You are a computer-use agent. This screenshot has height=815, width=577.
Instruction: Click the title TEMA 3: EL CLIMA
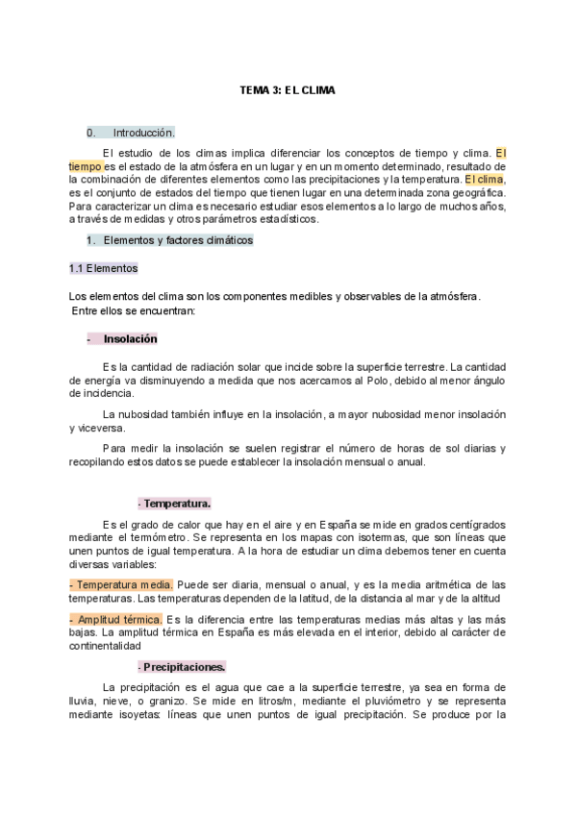point(288,90)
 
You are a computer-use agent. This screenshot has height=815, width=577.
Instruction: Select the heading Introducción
point(144,133)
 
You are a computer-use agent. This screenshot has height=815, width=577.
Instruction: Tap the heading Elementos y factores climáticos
point(178,240)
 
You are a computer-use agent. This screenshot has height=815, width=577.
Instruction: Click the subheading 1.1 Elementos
point(104,267)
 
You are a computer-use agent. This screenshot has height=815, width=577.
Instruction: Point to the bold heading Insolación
point(130,339)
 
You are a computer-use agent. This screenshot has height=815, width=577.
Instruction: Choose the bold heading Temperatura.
point(175,503)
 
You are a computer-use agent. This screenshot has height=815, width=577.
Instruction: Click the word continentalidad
point(113,647)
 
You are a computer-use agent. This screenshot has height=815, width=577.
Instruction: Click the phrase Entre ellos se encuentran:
point(135,310)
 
